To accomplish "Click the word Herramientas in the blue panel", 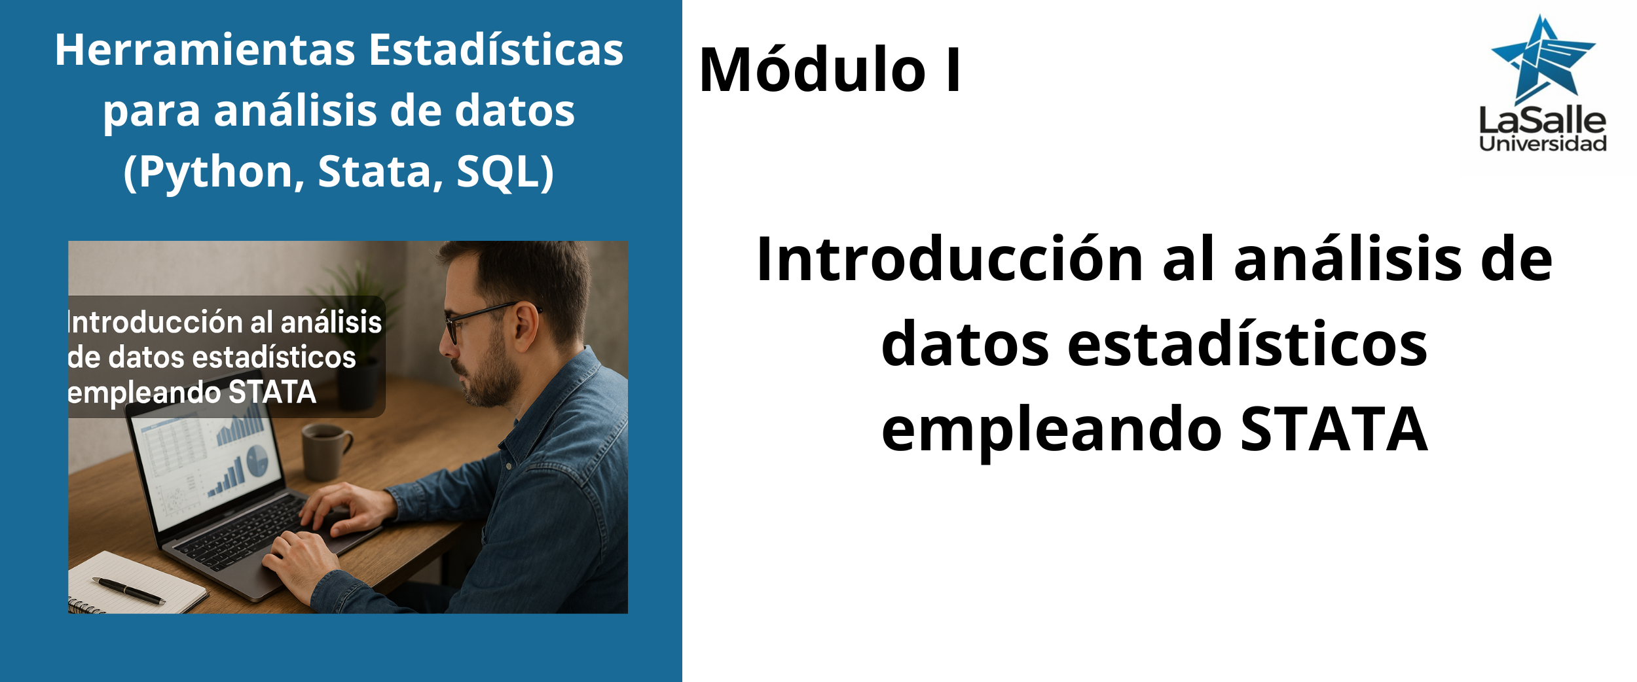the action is click(205, 50).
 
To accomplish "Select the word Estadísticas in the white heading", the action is click(496, 50).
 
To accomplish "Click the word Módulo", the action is click(813, 69).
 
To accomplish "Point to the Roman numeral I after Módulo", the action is click(953, 70).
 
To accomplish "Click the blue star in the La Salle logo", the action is click(1543, 60).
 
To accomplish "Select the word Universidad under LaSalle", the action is click(1542, 144).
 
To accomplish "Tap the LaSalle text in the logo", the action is click(1542, 120).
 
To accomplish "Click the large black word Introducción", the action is click(949, 260).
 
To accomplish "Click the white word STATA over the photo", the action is click(272, 393).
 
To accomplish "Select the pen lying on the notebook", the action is click(128, 590).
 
